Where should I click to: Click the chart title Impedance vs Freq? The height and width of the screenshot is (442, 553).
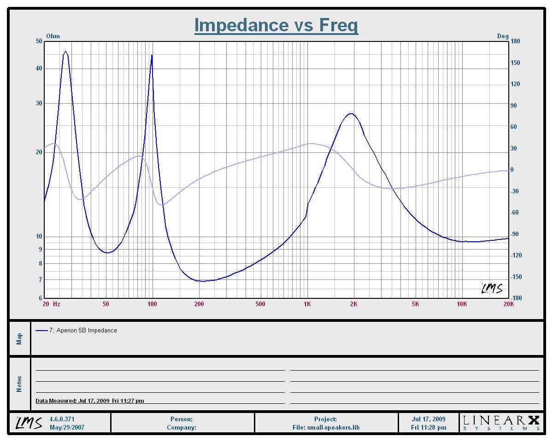tap(276, 25)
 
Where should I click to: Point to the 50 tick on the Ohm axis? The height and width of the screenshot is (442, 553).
tap(39, 41)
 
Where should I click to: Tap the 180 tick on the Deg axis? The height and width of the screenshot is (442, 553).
tap(515, 41)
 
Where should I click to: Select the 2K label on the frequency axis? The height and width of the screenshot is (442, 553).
tap(353, 304)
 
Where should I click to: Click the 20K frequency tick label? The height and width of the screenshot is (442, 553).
tap(508, 304)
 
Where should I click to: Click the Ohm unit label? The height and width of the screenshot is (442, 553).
tap(53, 36)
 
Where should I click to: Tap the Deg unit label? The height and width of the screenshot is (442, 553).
tap(503, 36)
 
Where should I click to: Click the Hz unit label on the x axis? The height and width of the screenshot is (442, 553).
tap(57, 304)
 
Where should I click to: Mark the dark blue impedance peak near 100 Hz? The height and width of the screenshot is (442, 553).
tap(152, 56)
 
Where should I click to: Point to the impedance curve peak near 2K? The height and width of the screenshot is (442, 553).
tap(351, 114)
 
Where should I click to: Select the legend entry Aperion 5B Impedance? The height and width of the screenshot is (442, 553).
tap(86, 330)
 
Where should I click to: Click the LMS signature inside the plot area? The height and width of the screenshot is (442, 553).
tap(492, 288)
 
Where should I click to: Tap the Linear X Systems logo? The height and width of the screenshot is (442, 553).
tap(501, 422)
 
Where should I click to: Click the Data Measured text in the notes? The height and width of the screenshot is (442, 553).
tap(90, 401)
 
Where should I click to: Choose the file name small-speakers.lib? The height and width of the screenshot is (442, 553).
tap(326, 427)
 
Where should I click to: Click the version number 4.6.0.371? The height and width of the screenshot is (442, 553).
tap(62, 419)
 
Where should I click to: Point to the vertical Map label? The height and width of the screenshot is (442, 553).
tap(19, 339)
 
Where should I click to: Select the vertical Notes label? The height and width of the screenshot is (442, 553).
tap(19, 384)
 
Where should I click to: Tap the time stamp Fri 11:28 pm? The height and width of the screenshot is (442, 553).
tap(429, 427)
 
